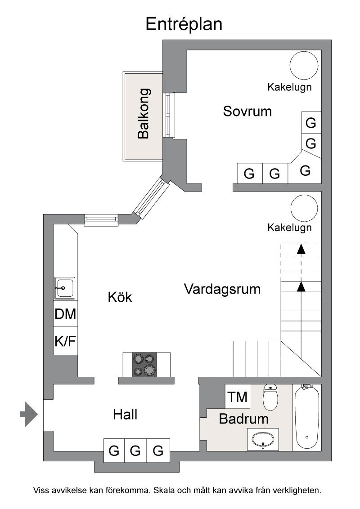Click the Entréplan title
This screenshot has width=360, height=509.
point(184,24)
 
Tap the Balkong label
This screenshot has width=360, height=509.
point(144,114)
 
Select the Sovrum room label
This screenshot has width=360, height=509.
point(247,111)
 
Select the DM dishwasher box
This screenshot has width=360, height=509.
point(65,314)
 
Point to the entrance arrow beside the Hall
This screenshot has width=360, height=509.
point(29,414)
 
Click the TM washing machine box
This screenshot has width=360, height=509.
point(238,397)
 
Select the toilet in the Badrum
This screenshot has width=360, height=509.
point(270,397)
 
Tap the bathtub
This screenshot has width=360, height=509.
point(307,417)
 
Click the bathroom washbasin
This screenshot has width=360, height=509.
point(263,439)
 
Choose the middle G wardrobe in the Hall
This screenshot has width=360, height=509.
point(136,450)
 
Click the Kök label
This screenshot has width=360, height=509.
point(120,297)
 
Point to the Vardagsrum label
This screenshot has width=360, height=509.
point(222,289)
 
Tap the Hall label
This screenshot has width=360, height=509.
point(125,414)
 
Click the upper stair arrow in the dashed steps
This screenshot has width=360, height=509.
point(301,249)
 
